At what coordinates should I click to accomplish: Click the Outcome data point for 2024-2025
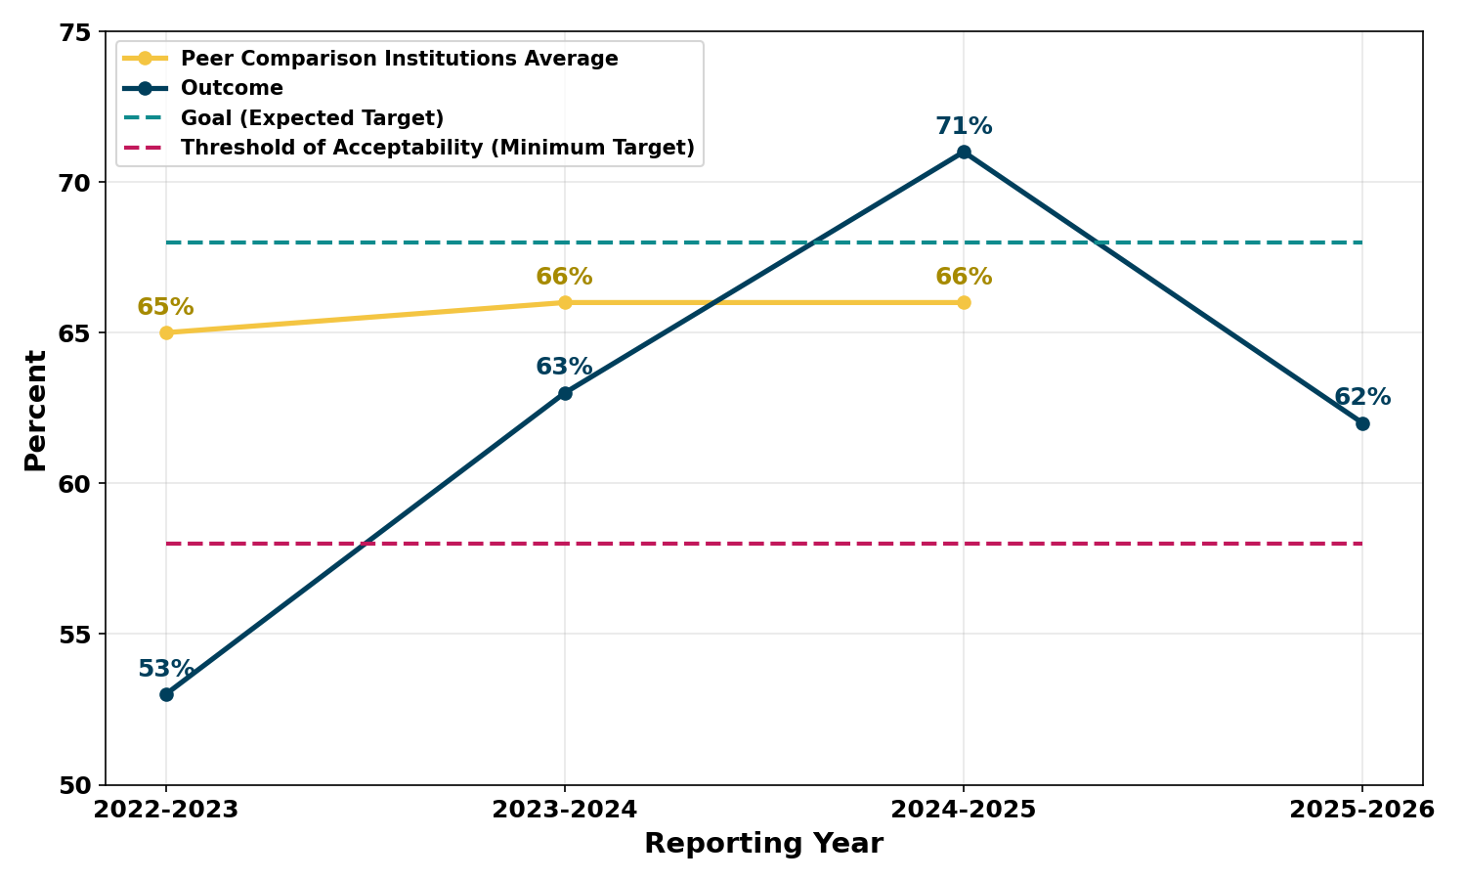click(964, 152)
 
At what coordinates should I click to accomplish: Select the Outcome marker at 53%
click(166, 694)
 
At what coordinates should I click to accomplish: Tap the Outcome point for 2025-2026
click(1362, 423)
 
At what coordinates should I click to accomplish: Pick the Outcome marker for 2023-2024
click(565, 393)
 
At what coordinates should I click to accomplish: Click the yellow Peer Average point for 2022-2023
click(166, 332)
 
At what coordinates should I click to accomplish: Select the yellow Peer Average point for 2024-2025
click(964, 302)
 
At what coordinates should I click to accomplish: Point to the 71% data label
click(964, 126)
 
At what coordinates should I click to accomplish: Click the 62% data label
click(1362, 398)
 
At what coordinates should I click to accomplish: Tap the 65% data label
click(165, 307)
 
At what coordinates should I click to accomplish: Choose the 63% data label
click(564, 368)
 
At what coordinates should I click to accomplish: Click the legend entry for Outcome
click(232, 89)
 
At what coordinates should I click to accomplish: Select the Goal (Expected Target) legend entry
click(312, 118)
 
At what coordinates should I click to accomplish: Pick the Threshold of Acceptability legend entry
click(437, 149)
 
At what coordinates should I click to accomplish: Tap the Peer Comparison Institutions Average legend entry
click(399, 59)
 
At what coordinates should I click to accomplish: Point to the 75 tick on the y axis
click(76, 32)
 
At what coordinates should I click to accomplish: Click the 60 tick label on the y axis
click(76, 484)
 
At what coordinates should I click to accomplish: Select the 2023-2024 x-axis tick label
click(565, 810)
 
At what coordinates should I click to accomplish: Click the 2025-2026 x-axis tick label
click(1362, 810)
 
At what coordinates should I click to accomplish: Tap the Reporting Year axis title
click(763, 844)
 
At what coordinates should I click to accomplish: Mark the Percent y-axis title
click(36, 410)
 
